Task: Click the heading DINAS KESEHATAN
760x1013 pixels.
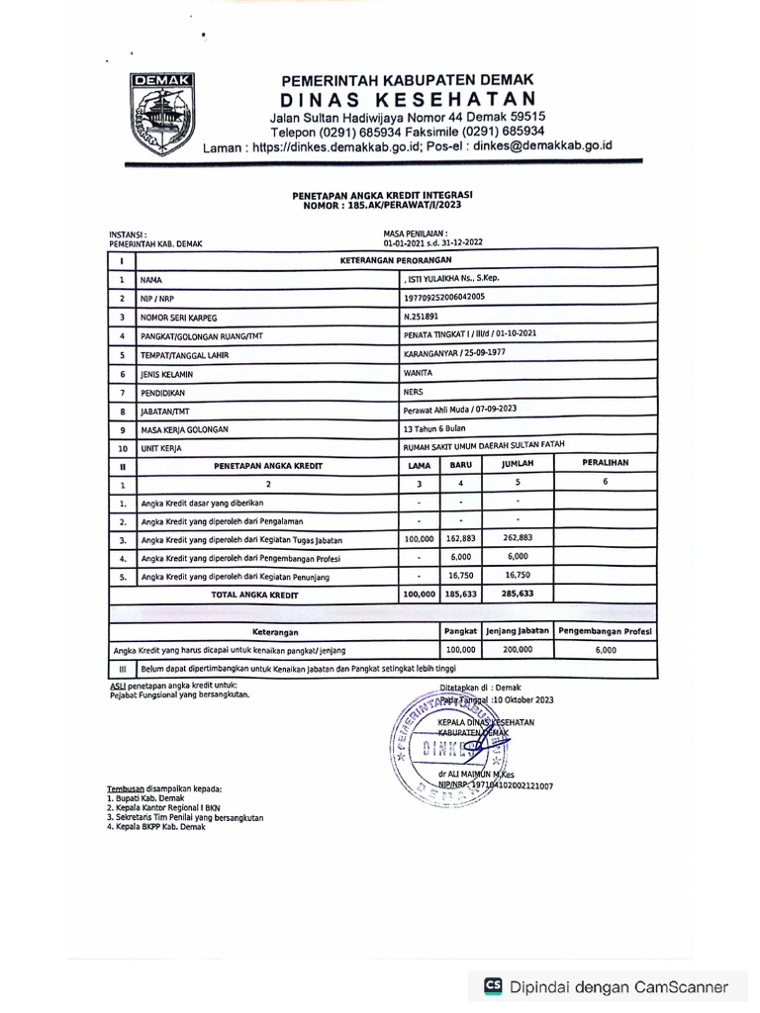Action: coord(408,99)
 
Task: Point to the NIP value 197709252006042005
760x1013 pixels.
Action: coord(445,297)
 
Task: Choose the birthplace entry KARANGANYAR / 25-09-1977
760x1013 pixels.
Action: coord(456,353)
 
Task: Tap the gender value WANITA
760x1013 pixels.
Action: coord(418,374)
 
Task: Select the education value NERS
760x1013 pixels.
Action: coord(414,392)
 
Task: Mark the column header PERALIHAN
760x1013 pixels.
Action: coord(604,463)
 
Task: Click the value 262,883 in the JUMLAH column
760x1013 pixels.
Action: coord(518,539)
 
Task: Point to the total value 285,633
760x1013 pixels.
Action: coord(518,596)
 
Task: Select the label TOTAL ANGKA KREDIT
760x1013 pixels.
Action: coord(255,596)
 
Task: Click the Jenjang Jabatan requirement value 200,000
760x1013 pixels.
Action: coord(518,650)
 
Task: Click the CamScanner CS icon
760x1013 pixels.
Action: coord(493,986)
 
